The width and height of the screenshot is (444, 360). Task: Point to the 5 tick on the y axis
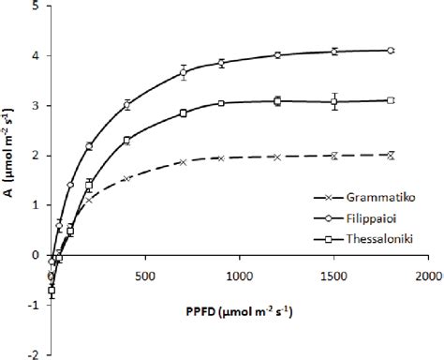pyautogui.click(x=37, y=7)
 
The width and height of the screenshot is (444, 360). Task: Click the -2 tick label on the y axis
pyautogui.click(x=35, y=354)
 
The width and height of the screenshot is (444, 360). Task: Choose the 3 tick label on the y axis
pyautogui.click(x=37, y=106)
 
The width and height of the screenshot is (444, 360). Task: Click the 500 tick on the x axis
pyautogui.click(x=144, y=277)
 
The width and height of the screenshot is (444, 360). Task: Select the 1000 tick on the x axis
pyautogui.click(x=239, y=277)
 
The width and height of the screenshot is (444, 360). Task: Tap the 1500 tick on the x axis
pyautogui.click(x=333, y=277)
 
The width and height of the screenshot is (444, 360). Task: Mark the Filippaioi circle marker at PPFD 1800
pyautogui.click(x=391, y=51)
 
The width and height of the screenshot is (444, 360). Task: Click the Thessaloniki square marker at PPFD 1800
pyautogui.click(x=391, y=100)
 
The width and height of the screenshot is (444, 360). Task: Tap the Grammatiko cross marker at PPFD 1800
pyautogui.click(x=391, y=155)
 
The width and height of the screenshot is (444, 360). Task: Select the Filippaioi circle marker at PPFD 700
pyautogui.click(x=184, y=72)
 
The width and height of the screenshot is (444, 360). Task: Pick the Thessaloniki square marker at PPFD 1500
pyautogui.click(x=334, y=101)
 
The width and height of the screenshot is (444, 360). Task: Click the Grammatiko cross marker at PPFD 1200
pyautogui.click(x=277, y=157)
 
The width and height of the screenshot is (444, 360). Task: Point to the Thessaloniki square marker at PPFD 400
pyautogui.click(x=126, y=141)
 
